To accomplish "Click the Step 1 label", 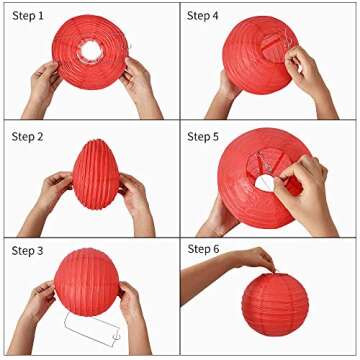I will pyautogui.click(x=29, y=17).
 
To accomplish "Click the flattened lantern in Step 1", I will pyautogui.click(x=90, y=50).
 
